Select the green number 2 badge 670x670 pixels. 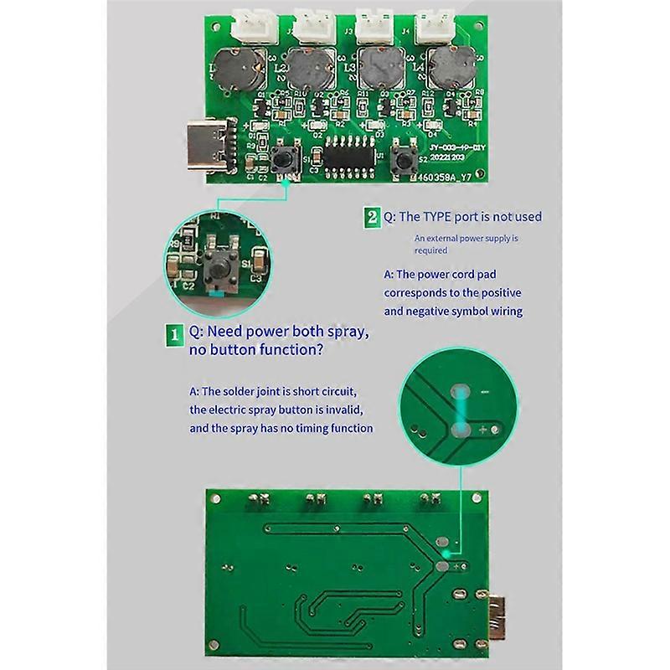coord(372,217)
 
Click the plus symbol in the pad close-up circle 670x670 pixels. coord(483,430)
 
